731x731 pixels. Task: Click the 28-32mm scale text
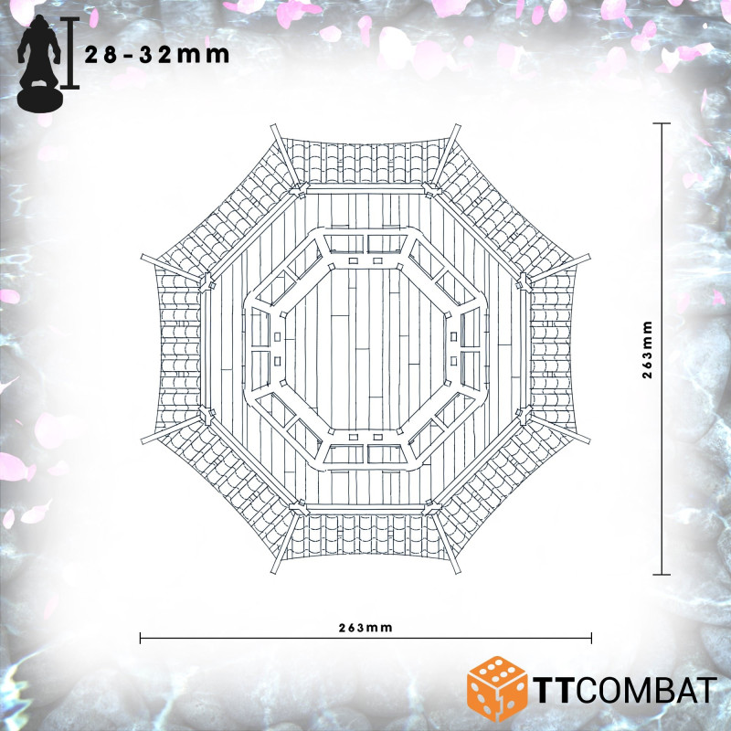(156, 55)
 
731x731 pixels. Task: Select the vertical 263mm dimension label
(647, 350)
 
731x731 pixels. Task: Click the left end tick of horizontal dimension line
(141, 638)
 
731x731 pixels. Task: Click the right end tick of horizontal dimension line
(591, 638)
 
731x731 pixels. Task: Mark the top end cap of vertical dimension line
(662, 123)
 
